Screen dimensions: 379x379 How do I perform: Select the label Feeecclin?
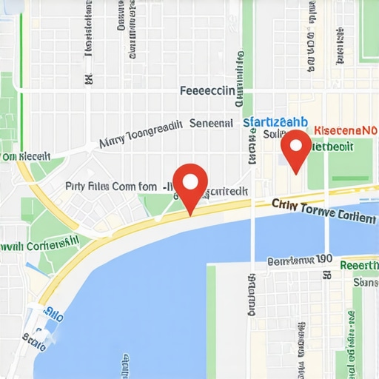[x=207, y=91]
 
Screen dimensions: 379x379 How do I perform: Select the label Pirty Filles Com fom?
[x=111, y=187]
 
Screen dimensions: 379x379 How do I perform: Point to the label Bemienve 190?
[x=300, y=261]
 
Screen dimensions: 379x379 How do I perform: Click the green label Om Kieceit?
[x=26, y=156]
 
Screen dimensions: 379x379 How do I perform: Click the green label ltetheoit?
[x=331, y=146]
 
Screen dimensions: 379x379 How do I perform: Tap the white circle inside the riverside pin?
[x=191, y=181]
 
